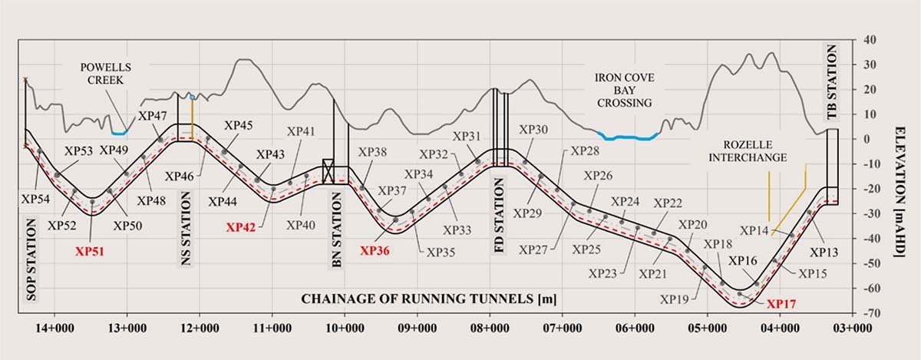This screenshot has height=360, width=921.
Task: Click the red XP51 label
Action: coord(91,249)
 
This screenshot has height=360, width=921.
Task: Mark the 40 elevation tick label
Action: coord(870,39)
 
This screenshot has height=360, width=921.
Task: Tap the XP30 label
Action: coord(533,129)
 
